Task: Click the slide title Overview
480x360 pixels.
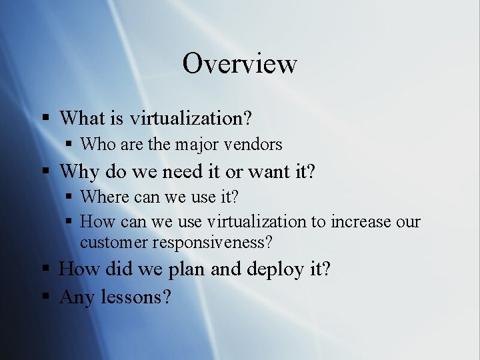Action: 239,64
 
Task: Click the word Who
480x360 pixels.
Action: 98,144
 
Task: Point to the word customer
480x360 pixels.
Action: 114,242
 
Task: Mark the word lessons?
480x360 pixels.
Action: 136,297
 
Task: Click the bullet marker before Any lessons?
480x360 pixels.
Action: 46,296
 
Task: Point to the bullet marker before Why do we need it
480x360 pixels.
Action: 46,172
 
